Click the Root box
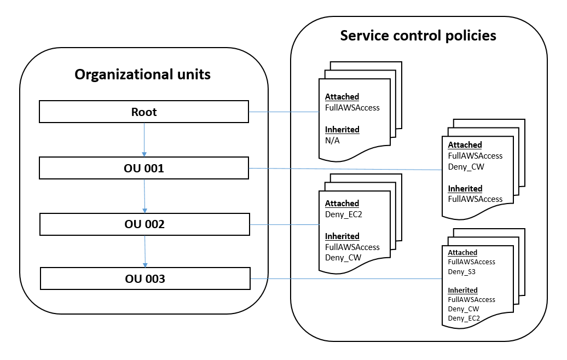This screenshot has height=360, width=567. tap(144, 112)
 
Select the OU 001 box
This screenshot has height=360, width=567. tap(144, 168)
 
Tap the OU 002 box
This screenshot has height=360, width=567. tap(144, 224)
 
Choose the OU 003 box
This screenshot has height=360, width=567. tap(145, 278)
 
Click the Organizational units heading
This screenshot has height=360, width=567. tap(142, 75)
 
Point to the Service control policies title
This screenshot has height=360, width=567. tap(418, 36)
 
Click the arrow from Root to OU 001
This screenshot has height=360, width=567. tap(144, 140)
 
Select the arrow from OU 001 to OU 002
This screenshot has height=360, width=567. tap(144, 196)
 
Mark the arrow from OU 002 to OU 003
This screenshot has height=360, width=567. tap(145, 251)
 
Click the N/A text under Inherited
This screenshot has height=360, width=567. tap(333, 140)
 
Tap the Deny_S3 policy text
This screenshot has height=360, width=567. tap(461, 271)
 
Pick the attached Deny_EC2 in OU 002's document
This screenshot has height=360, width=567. tap(343, 214)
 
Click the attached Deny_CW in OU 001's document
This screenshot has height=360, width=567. tap(466, 166)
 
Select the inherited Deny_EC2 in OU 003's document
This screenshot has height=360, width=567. tap(464, 318)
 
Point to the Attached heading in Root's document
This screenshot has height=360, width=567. tap(342, 97)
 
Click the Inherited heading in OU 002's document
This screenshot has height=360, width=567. tap(342, 236)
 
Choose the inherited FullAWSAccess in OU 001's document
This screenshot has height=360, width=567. tap(475, 199)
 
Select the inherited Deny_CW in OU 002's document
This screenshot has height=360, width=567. tap(343, 258)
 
